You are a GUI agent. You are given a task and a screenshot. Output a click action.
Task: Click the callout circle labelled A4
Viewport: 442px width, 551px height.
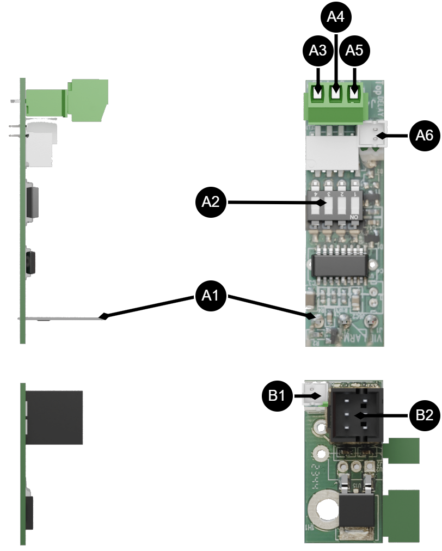click(x=336, y=17)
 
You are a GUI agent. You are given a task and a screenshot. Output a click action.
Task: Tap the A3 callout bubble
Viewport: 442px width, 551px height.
click(x=318, y=51)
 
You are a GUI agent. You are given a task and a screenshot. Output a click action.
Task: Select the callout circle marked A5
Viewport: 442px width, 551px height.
click(x=354, y=51)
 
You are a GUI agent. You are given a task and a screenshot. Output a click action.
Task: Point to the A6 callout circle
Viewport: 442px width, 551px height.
click(x=425, y=135)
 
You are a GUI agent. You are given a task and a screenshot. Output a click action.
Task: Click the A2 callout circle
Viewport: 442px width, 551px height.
click(x=211, y=202)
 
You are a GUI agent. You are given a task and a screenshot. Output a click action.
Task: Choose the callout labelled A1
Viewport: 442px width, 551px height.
click(x=211, y=296)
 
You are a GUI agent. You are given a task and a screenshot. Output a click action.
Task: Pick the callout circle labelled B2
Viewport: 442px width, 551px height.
click(x=425, y=415)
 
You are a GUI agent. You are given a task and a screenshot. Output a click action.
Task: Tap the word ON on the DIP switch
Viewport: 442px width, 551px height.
click(x=354, y=217)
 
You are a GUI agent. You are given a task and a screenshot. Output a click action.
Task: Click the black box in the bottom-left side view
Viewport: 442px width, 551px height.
click(x=54, y=417)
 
